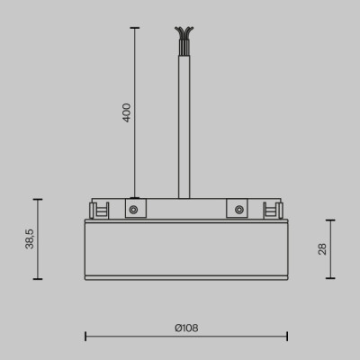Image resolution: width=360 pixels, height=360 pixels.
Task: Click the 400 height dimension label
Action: (x=127, y=112)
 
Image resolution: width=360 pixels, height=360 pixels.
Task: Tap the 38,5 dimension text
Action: (x=30, y=239)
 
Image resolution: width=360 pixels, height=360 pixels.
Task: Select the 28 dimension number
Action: (x=322, y=249)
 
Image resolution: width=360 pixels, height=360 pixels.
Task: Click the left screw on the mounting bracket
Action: (x=132, y=210)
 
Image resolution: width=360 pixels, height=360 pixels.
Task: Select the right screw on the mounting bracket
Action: (x=238, y=210)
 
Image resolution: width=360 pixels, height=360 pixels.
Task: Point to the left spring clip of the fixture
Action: (x=98, y=211)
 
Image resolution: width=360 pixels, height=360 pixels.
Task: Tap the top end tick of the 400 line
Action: (x=136, y=28)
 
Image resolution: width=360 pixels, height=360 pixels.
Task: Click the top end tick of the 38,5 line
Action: (x=39, y=199)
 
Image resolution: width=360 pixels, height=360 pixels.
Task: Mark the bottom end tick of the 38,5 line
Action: (x=39, y=279)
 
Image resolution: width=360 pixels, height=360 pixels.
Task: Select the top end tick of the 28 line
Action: (x=330, y=220)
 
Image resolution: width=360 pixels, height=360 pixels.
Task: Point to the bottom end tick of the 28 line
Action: (x=330, y=279)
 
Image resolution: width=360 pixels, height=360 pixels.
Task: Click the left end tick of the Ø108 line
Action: (x=85, y=337)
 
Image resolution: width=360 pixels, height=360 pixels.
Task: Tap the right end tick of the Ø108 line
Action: (x=285, y=337)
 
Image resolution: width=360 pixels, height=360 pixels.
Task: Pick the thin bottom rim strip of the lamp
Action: (x=185, y=276)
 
